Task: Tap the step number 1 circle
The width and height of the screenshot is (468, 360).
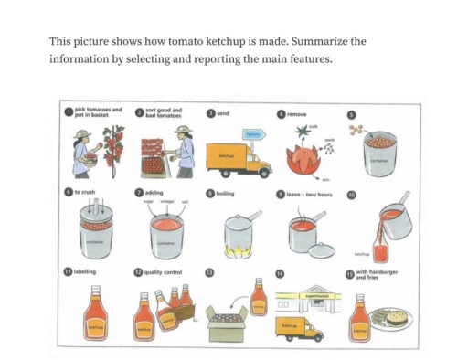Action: [68, 113]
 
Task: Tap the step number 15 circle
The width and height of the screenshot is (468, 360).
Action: [349, 273]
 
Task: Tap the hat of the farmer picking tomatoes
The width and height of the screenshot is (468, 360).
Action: [81, 133]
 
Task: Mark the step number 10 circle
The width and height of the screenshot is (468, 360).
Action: [349, 194]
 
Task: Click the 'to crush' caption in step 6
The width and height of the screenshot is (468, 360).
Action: [86, 194]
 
